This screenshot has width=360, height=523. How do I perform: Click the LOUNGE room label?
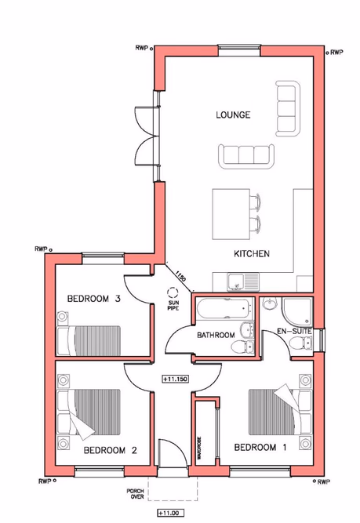pyautogui.click(x=233, y=115)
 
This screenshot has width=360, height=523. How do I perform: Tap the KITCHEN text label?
pyautogui.click(x=252, y=254)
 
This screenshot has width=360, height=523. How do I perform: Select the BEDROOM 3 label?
pyautogui.click(x=93, y=298)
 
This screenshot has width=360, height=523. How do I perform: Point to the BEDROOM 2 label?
pyautogui.click(x=111, y=450)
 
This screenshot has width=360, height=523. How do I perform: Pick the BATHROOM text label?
pyautogui.click(x=216, y=336)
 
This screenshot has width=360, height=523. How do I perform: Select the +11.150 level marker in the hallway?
pyautogui.click(x=173, y=379)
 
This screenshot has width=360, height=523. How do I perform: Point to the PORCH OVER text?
pyautogui.click(x=135, y=495)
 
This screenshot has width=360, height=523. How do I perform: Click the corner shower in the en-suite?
pyautogui.click(x=298, y=311)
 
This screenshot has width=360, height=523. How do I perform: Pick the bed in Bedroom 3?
pyautogui.click(x=89, y=340)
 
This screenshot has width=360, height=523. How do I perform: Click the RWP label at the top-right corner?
pyautogui.click(x=336, y=53)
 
